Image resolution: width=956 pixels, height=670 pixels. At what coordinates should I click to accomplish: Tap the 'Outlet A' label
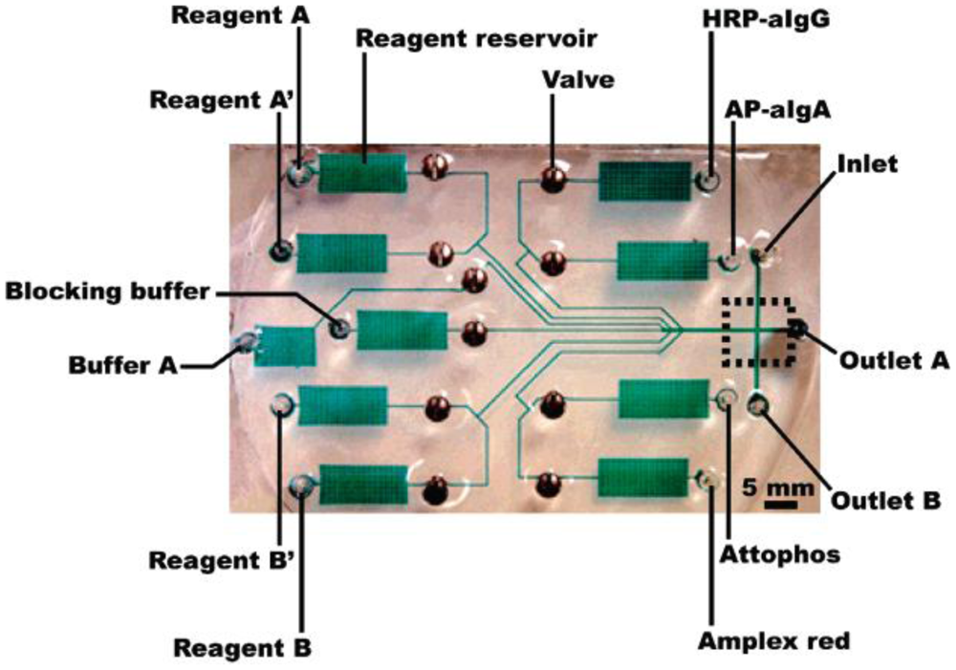click(893, 360)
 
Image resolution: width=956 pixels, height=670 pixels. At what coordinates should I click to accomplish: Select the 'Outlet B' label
click(885, 499)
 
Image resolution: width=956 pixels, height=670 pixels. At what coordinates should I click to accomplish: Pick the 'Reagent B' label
click(242, 648)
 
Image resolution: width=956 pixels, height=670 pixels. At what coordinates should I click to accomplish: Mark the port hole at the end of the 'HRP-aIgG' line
click(708, 177)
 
